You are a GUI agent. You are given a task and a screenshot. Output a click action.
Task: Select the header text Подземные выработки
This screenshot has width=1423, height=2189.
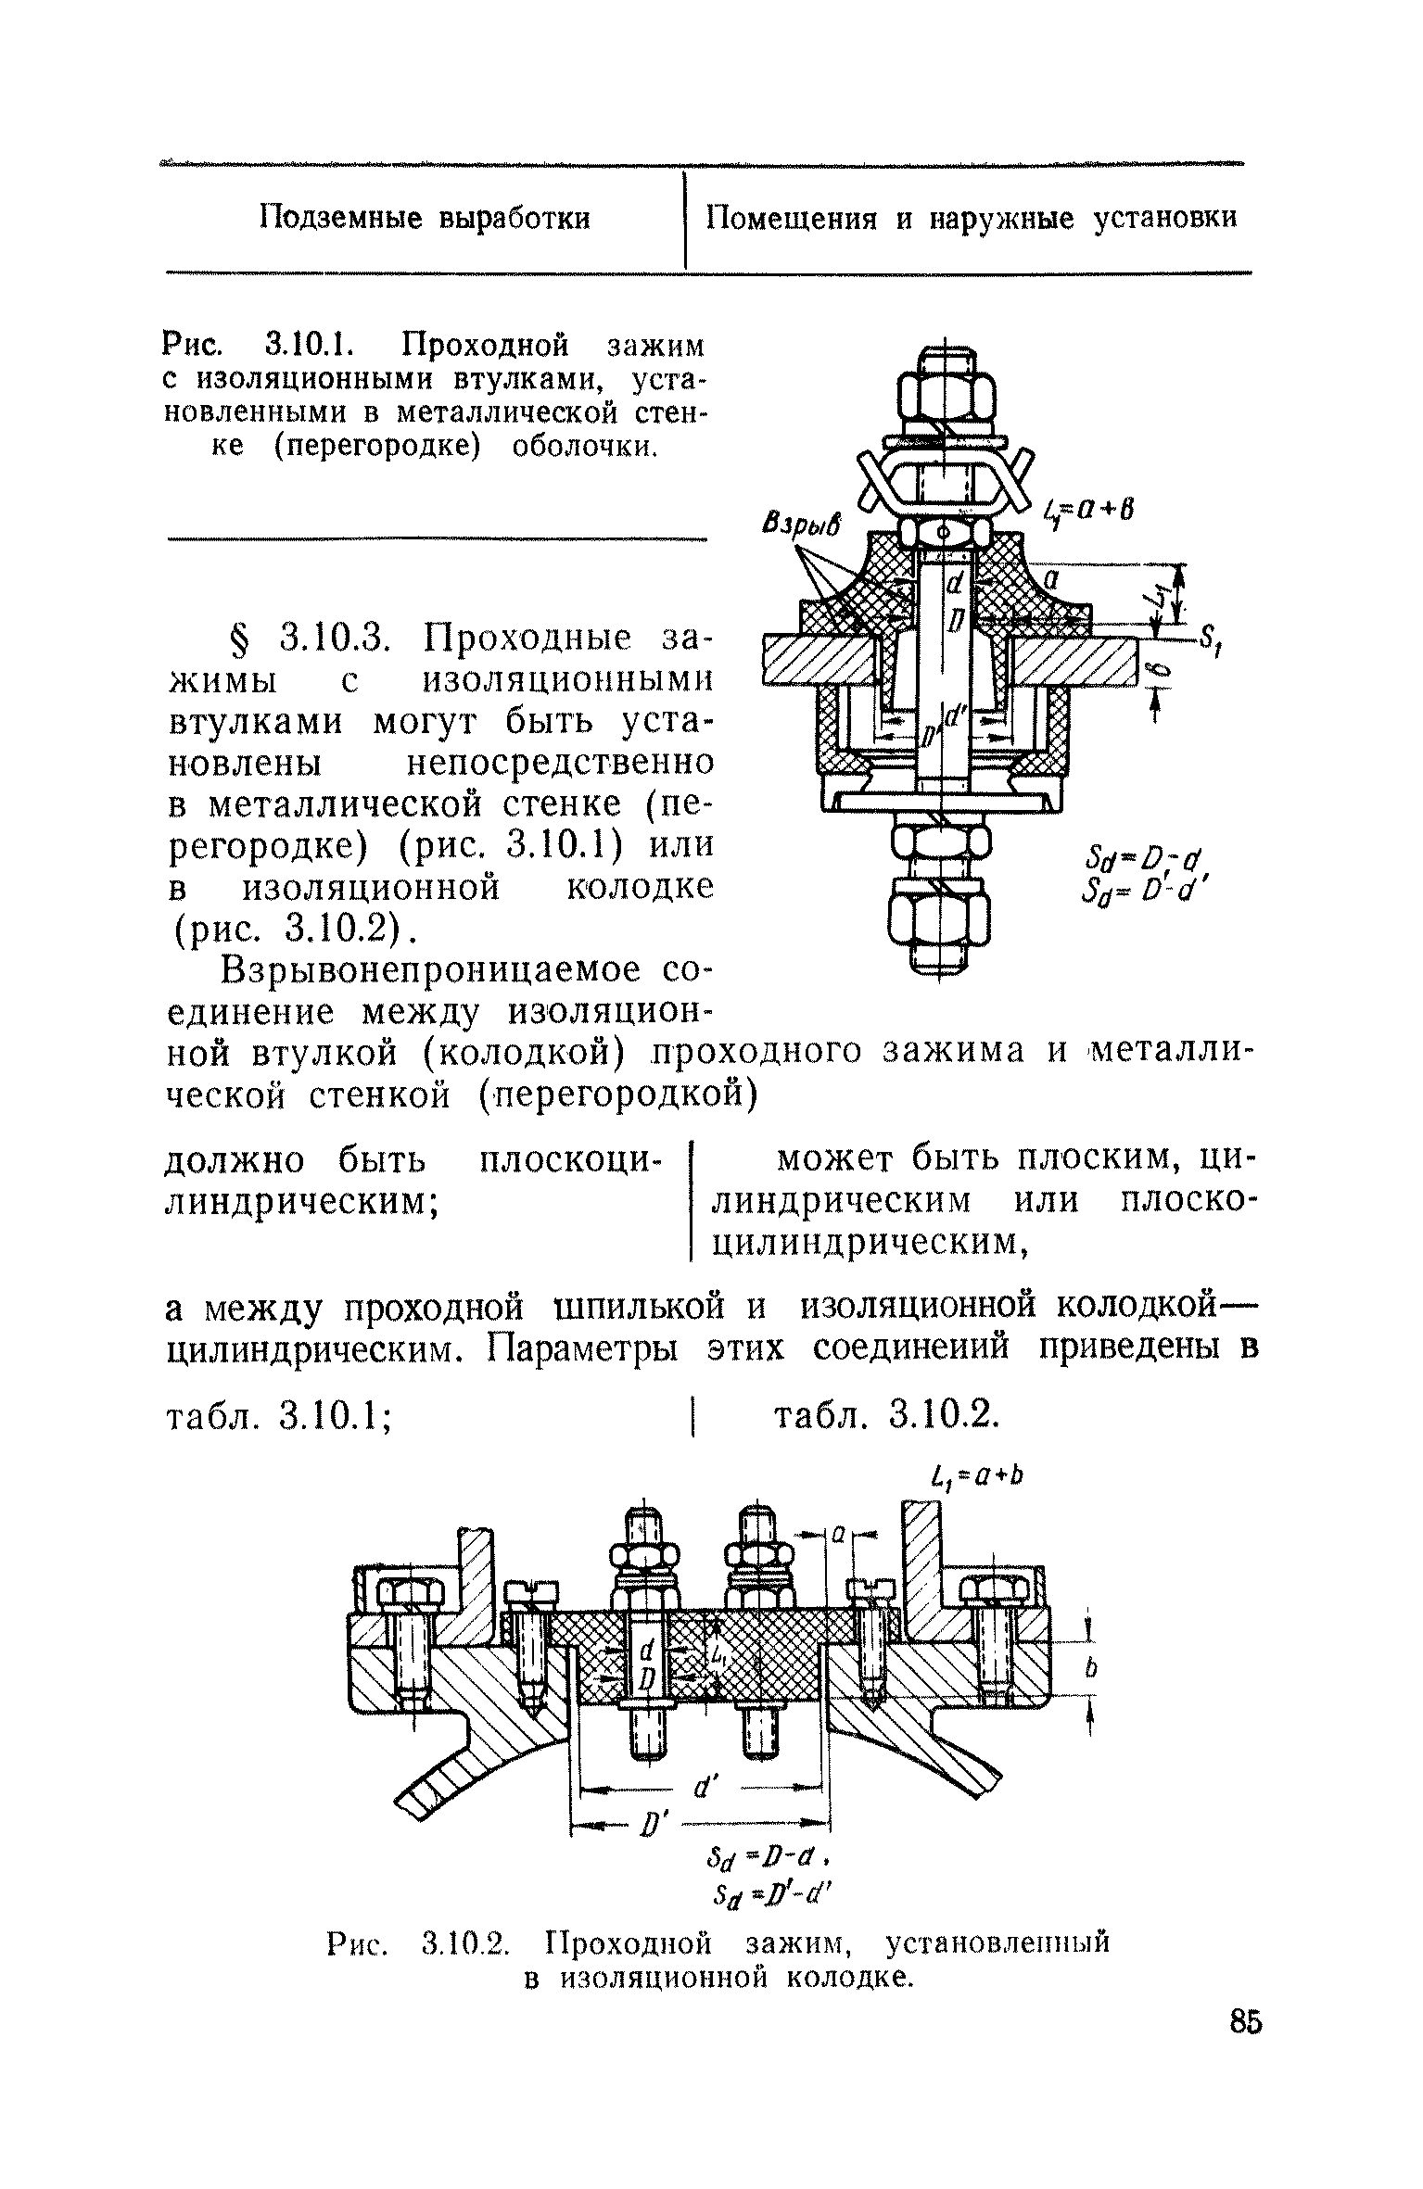tap(424, 220)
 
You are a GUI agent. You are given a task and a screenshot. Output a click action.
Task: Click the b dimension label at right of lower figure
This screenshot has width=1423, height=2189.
tap(1091, 1668)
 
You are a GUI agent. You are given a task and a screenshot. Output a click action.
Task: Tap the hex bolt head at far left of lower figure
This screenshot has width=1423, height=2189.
tap(408, 1594)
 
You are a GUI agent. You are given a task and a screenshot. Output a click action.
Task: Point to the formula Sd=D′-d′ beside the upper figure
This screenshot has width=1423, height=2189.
tap(1146, 893)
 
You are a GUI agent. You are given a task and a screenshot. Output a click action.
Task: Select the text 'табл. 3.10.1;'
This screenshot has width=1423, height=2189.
tap(276, 1416)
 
